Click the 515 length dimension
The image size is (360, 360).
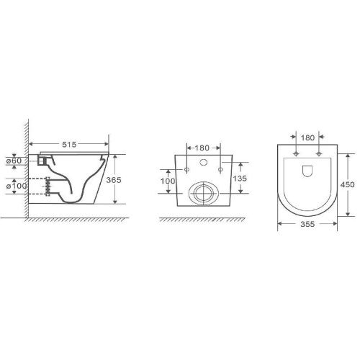pyautogui.click(x=69, y=145)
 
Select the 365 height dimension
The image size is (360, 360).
pyautogui.click(x=114, y=180)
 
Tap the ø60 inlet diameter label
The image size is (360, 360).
pyautogui.click(x=14, y=161)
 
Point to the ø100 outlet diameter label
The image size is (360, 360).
pyautogui.click(x=17, y=186)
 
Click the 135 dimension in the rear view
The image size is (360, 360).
pyautogui.click(x=240, y=179)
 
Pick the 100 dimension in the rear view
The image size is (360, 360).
pyautogui.click(x=168, y=181)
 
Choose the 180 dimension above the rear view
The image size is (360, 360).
pyautogui.click(x=202, y=148)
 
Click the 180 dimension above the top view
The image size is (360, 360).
pyautogui.click(x=307, y=138)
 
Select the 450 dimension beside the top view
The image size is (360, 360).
pyautogui.click(x=347, y=184)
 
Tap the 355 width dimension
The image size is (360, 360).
pyautogui.click(x=307, y=224)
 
